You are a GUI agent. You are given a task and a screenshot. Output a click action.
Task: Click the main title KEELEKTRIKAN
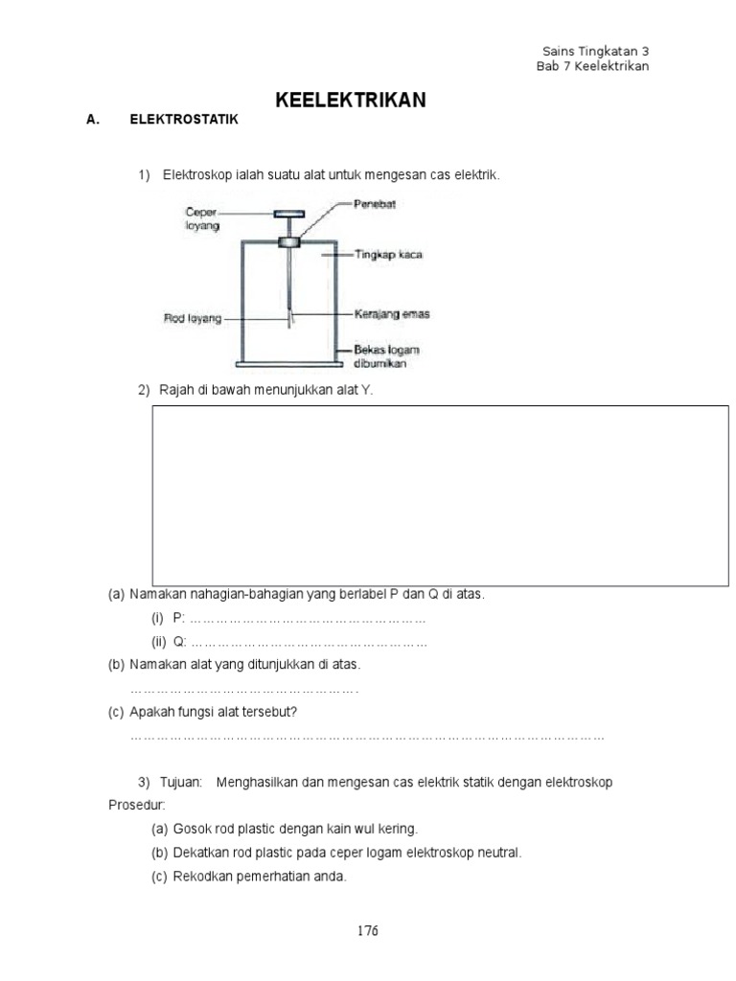351,100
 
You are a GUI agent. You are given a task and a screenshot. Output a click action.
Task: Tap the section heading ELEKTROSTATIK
182,121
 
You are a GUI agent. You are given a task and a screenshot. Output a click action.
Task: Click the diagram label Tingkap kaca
388,256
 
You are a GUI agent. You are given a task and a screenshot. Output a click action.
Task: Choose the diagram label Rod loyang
193,319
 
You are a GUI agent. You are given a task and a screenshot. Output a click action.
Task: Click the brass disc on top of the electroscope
288,214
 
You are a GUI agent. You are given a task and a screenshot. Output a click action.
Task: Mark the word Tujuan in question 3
182,782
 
